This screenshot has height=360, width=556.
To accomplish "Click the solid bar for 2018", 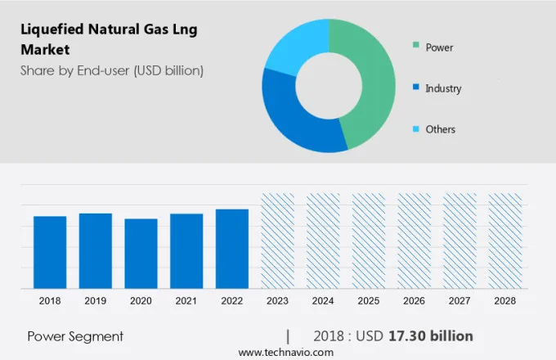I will click(x=50, y=252).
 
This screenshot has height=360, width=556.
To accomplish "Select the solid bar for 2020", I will click(x=141, y=254).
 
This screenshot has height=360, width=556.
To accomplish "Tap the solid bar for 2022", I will click(x=232, y=249).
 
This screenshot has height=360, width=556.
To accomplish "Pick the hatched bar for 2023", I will click(x=277, y=241).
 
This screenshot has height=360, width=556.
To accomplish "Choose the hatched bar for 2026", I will click(x=414, y=241).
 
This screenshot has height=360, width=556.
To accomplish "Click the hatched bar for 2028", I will click(x=504, y=241).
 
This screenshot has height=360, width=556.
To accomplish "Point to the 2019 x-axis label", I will click(x=96, y=301).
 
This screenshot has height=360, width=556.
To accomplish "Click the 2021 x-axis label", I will click(x=186, y=301).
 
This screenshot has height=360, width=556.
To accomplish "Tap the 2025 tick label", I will click(x=368, y=301).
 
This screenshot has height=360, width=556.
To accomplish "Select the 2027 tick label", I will click(x=460, y=301).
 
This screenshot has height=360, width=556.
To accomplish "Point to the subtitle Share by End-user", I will click(x=111, y=70).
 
